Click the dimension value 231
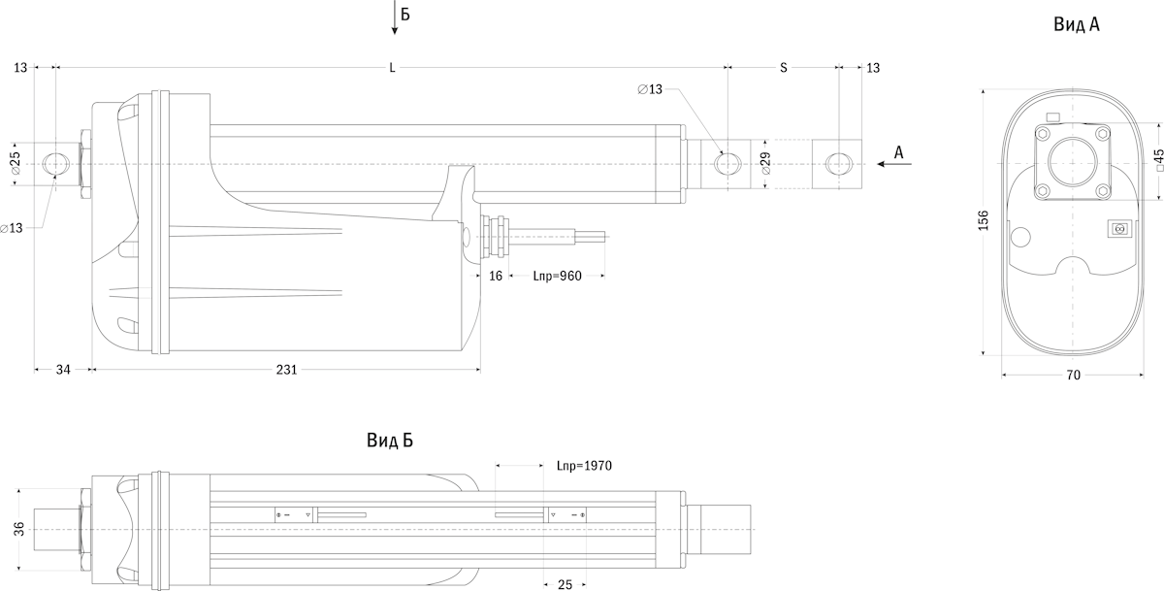click(x=287, y=370)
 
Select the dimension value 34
click(x=63, y=370)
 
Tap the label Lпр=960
click(x=557, y=277)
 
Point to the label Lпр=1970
click(x=584, y=466)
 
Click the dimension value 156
click(x=983, y=220)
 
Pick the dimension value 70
click(x=1073, y=376)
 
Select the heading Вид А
click(x=1076, y=24)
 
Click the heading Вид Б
click(x=390, y=441)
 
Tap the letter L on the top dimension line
click(x=392, y=68)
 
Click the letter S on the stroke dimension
click(x=783, y=68)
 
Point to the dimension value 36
click(x=19, y=528)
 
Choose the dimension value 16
click(x=495, y=277)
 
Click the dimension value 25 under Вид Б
click(x=566, y=584)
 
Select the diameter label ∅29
click(x=765, y=163)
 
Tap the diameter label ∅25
click(x=16, y=163)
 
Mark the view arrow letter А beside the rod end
click(x=898, y=152)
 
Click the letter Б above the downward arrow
click(x=405, y=16)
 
